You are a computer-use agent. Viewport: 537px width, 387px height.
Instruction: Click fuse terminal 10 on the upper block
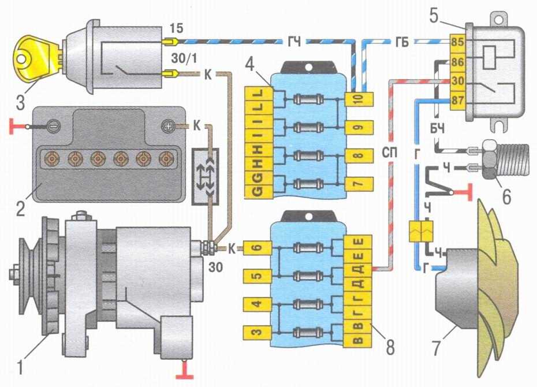[x=357, y=99]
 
